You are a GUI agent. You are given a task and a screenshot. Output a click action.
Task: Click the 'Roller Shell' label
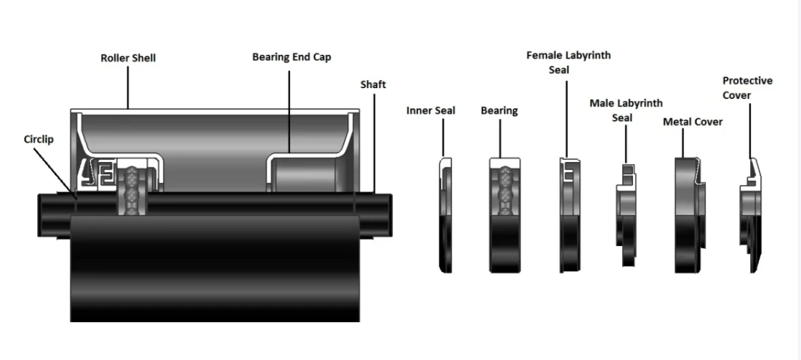[x=128, y=58]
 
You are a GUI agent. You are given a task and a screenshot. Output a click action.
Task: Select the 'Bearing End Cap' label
[x=291, y=57]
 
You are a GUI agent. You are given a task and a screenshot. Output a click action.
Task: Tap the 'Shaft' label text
[x=373, y=84]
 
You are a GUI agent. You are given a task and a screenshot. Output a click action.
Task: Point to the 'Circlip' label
[x=38, y=139]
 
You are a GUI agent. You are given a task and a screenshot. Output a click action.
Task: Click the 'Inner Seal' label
[x=431, y=110]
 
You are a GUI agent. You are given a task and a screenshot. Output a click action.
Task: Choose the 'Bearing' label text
[x=499, y=110]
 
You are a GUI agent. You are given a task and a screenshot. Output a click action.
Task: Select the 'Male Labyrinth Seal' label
[x=626, y=111]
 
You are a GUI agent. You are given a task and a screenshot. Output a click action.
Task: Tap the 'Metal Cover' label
[x=693, y=121]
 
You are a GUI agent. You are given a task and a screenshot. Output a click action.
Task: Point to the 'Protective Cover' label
[x=747, y=88]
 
